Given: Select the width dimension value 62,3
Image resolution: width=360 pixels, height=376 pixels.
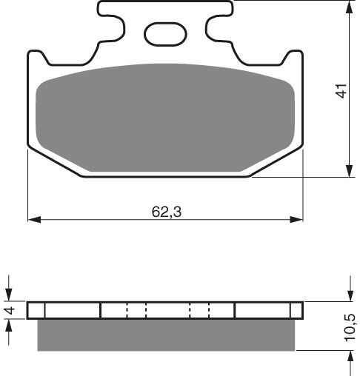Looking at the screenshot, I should [x=166, y=212].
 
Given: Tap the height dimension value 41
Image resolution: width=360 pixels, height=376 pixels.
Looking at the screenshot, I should [x=341, y=92].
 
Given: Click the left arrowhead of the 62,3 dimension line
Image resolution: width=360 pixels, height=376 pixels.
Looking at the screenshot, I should [x=33, y=220].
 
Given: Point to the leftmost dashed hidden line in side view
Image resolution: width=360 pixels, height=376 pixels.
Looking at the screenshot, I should [x=127, y=310].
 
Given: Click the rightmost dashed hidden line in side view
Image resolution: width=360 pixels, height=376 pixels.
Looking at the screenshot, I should [x=210, y=310].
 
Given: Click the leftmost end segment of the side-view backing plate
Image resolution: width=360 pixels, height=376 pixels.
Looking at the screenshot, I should [x=36, y=310].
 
